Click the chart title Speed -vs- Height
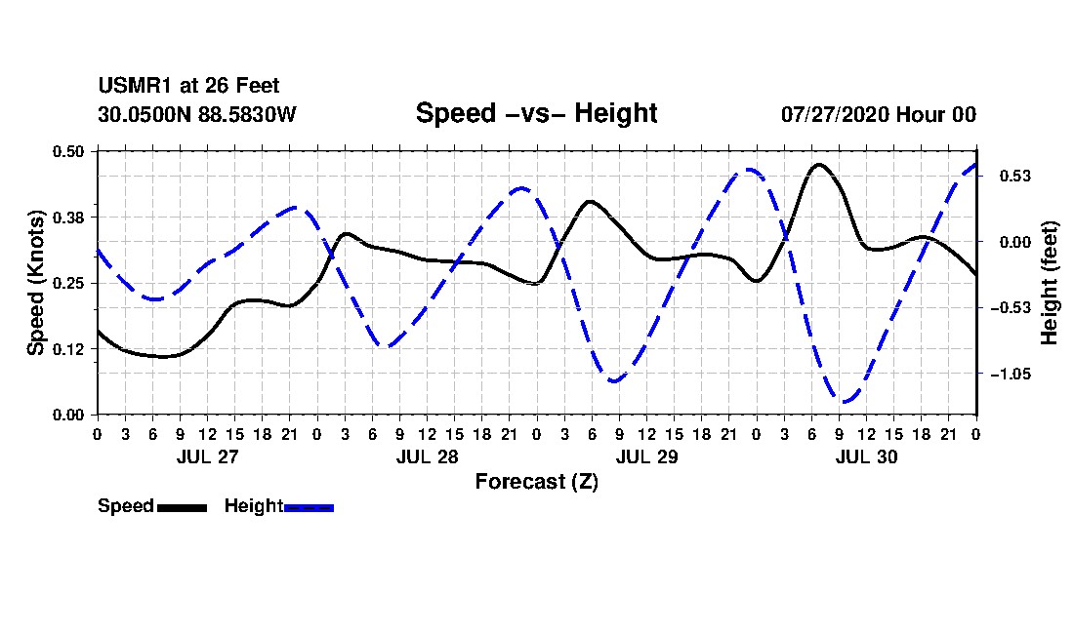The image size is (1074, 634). tap(536, 113)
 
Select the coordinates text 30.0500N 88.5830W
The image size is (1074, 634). tap(197, 114)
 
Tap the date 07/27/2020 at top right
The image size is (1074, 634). tap(835, 114)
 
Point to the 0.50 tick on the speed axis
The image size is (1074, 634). tap(68, 151)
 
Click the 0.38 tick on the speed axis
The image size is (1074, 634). tap(68, 218)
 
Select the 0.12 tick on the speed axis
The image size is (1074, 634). tap(68, 349)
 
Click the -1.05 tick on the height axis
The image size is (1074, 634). tap(1011, 375)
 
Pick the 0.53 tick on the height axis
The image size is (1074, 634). tap(1015, 177)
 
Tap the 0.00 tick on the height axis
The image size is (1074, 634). tap(1015, 242)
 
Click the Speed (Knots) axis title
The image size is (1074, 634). tap(36, 283)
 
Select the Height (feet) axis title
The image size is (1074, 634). tap(1050, 283)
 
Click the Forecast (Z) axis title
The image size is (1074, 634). tap(537, 482)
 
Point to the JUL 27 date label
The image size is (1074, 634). tap(208, 456)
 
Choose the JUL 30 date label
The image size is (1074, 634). tap(866, 456)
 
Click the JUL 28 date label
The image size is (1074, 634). tap(428, 456)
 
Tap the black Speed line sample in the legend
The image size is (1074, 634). tap(183, 507)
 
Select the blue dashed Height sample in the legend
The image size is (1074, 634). tap(309, 507)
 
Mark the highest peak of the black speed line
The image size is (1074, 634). tap(819, 165)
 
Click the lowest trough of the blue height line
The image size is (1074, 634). tap(845, 402)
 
